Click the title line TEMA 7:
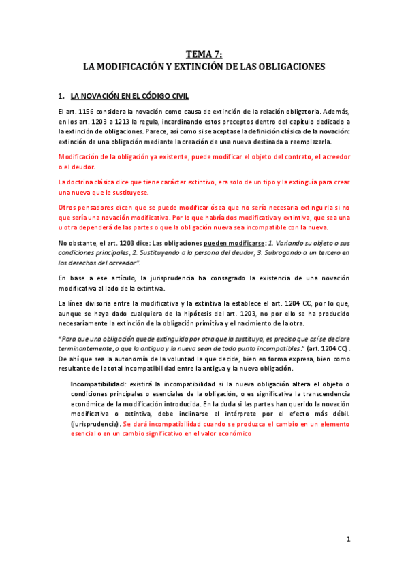coord(204,56)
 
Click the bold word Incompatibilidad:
coord(98,384)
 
